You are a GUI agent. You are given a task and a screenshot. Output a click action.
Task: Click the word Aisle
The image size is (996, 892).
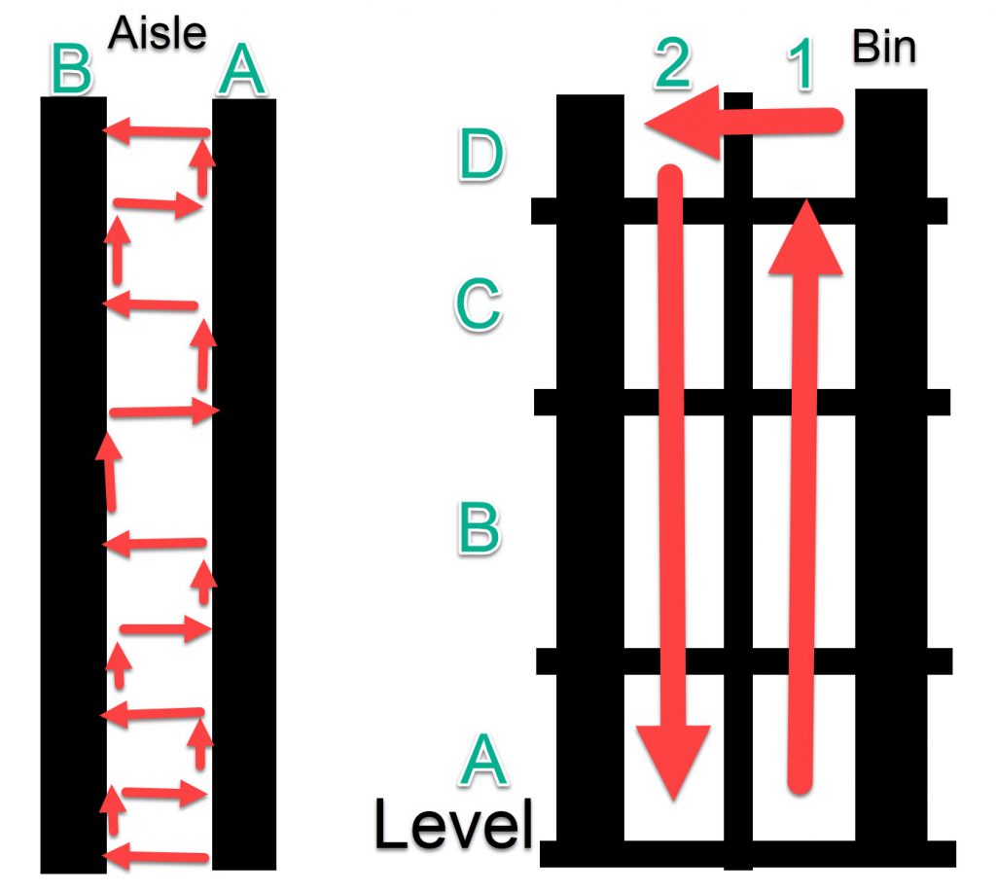[x=158, y=33]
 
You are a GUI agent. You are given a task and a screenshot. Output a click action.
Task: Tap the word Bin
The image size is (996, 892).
[x=884, y=47]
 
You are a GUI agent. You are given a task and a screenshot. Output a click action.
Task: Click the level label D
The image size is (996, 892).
[x=481, y=156]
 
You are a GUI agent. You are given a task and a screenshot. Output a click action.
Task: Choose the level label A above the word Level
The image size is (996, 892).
[x=484, y=761]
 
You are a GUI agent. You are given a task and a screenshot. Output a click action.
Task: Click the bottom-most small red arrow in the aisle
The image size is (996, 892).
[x=156, y=857]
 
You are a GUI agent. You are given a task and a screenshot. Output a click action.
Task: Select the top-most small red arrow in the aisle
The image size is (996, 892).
[x=156, y=128]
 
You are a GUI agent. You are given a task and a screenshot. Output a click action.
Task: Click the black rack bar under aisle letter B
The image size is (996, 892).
[x=73, y=486]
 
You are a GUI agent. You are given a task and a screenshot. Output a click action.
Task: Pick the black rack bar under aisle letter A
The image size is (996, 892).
[x=244, y=486]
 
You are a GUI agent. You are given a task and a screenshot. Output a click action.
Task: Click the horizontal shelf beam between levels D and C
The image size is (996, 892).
[x=739, y=210]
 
